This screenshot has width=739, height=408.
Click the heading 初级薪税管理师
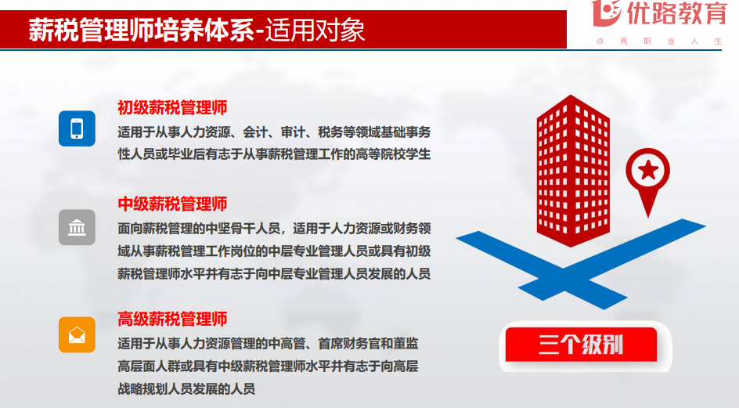pos(172,107)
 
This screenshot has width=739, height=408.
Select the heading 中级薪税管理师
pos(172,204)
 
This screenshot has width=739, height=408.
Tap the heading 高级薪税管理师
pos(172,319)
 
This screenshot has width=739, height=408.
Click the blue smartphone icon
pos(77,128)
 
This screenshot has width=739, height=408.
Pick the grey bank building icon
pos(77,227)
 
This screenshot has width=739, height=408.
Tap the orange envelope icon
pos(77,335)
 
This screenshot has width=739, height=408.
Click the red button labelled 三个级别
pos(581,345)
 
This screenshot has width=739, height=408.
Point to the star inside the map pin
pos(648,170)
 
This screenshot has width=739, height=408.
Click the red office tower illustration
pos(573,171)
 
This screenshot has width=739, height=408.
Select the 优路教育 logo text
pos(677,13)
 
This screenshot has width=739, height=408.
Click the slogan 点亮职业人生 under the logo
pos(659,42)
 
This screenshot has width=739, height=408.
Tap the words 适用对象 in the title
pos(315,31)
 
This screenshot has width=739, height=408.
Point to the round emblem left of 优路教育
pos(607,13)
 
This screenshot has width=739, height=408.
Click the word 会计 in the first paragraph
pos(255,132)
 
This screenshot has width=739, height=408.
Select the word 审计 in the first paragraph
pos(293,132)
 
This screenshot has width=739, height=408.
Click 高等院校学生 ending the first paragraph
pos(393,154)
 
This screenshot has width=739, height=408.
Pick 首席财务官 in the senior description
pos(349,343)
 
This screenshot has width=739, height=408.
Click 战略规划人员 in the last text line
pos(155,389)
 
